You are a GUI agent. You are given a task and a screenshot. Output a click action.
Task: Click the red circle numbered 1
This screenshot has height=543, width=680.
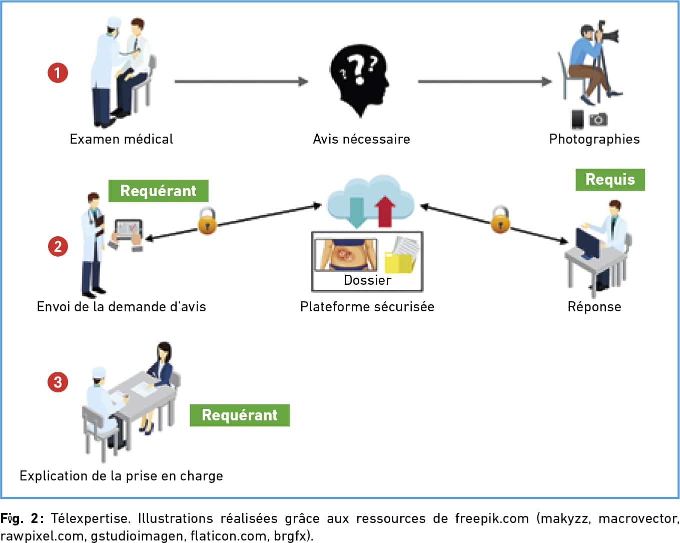point(58,73)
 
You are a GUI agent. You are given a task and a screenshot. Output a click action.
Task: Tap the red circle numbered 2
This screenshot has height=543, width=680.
point(58,246)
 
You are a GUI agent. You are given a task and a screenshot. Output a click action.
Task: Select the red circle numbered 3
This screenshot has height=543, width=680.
point(58,382)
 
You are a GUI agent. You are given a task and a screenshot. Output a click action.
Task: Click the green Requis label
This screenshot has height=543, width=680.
point(610,180)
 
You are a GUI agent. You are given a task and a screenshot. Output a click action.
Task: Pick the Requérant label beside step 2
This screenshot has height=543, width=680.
point(158,191)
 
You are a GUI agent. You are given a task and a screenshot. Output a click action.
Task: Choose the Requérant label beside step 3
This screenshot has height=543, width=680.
point(240,415)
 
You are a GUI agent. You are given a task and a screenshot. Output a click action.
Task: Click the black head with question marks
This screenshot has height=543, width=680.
point(360,80)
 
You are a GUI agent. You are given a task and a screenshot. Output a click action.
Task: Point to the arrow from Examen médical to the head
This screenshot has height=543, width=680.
point(242,82)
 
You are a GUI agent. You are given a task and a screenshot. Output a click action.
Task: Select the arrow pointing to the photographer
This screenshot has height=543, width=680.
point(485,82)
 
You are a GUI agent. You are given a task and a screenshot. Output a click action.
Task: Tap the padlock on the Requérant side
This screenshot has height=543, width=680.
point(207,221)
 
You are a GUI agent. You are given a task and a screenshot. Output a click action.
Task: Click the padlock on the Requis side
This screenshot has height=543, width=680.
point(500,220)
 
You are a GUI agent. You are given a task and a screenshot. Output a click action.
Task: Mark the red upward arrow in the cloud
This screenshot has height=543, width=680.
point(385,212)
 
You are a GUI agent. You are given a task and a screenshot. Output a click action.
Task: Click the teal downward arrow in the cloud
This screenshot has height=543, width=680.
point(357,213)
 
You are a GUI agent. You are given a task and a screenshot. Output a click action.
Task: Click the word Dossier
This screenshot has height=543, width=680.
point(367,280)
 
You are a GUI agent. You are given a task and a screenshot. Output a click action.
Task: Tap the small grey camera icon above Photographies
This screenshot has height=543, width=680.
point(598,120)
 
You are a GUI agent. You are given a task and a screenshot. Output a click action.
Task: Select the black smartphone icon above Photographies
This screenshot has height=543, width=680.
point(577,119)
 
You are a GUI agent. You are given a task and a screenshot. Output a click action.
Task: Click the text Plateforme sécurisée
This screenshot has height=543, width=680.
point(367,307)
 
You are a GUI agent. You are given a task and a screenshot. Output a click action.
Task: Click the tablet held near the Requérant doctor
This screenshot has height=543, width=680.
point(129,230)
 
